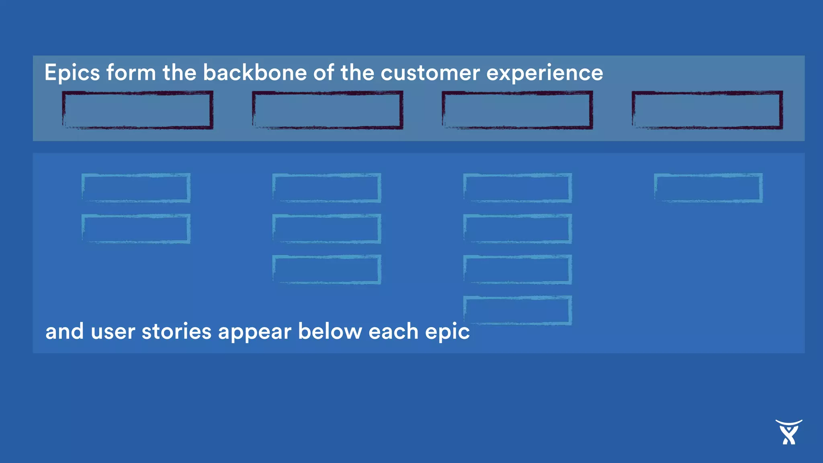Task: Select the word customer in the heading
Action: click(x=430, y=74)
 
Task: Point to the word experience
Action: click(x=545, y=74)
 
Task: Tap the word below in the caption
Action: click(x=330, y=332)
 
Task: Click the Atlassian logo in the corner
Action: click(x=788, y=432)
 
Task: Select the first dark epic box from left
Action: click(x=137, y=110)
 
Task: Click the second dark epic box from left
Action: click(x=328, y=110)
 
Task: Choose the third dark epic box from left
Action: click(x=517, y=110)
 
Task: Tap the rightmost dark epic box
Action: click(x=707, y=110)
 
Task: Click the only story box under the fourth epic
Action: click(x=708, y=188)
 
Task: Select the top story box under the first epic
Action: click(x=136, y=188)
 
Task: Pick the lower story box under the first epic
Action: click(x=136, y=229)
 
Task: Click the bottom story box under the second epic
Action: click(x=327, y=269)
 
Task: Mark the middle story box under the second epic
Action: click(x=327, y=229)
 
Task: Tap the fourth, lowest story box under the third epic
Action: click(x=518, y=310)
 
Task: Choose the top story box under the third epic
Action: click(x=518, y=188)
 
